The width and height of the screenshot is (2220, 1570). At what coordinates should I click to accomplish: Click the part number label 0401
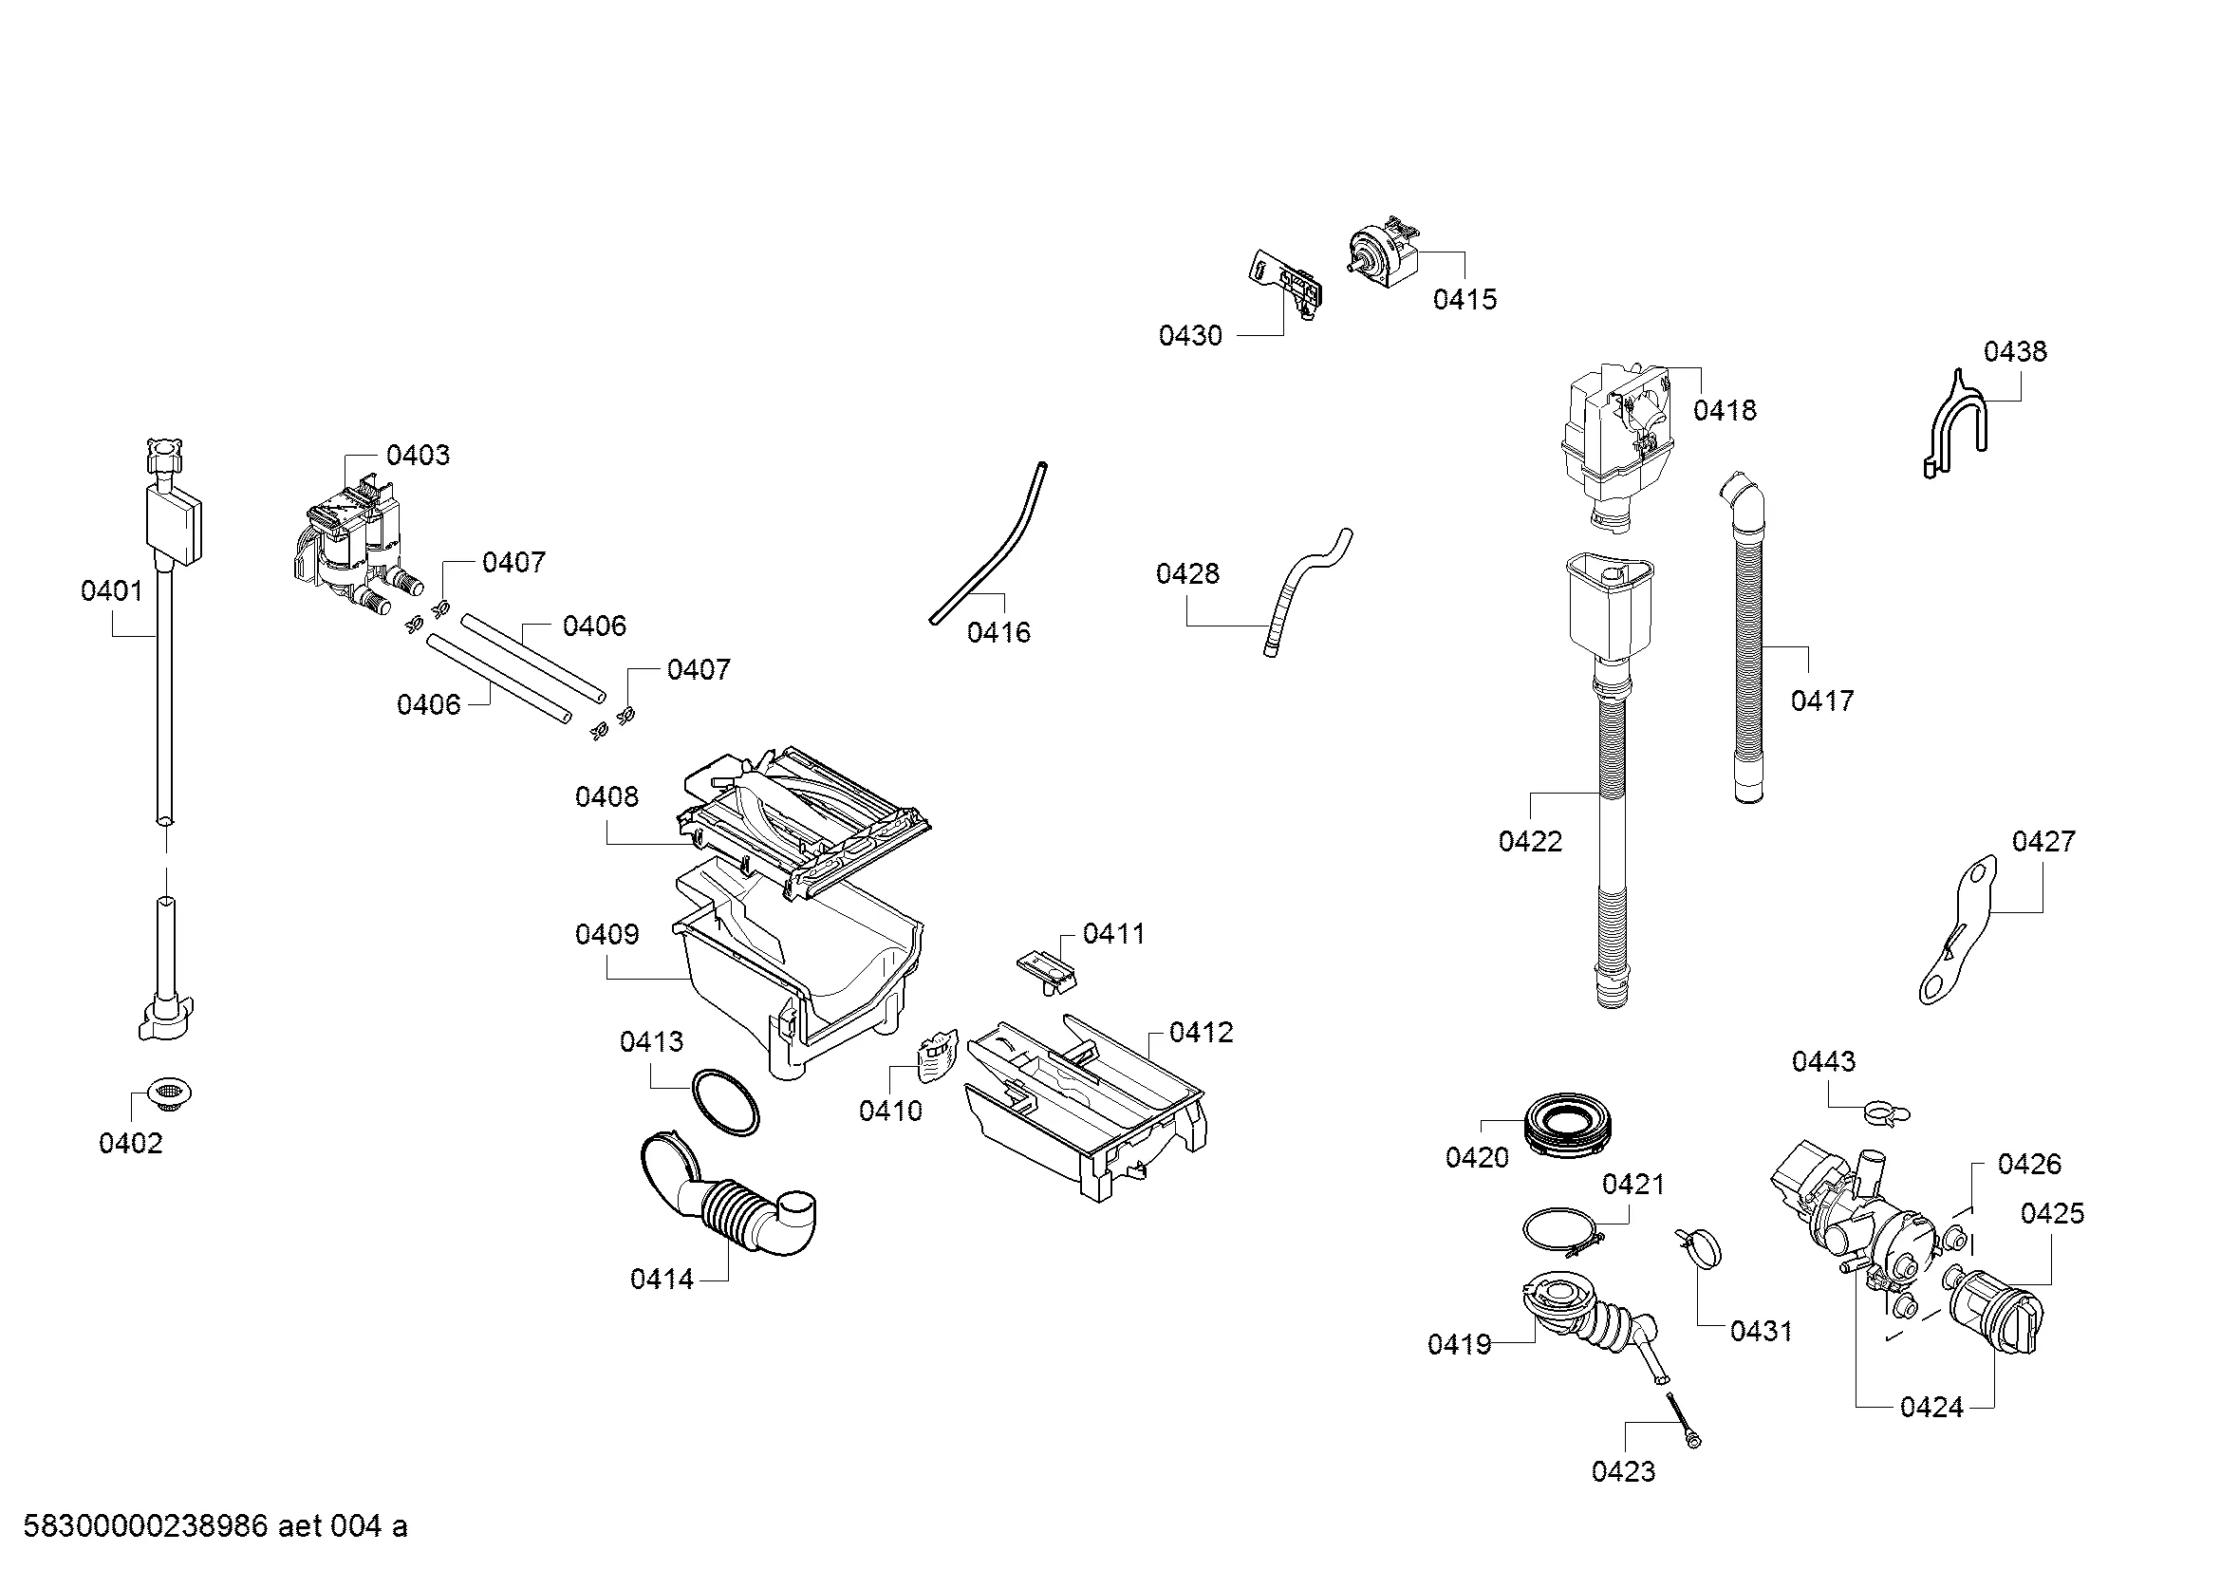point(111,590)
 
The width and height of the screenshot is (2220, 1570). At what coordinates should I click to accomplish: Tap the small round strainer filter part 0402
point(170,1095)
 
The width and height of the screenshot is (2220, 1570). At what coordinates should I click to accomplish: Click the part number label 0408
point(606,796)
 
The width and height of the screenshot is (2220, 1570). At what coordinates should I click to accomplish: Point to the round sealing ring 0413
point(725,1101)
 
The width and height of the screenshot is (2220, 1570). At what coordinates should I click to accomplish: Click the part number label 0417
point(1821,700)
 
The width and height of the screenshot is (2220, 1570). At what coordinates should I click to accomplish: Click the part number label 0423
point(1623,1471)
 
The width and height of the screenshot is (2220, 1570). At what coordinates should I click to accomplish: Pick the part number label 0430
point(1190,335)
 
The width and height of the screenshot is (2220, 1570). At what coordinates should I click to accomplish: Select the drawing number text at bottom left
point(215,1525)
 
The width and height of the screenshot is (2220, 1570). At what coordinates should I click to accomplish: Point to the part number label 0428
point(1187,573)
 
